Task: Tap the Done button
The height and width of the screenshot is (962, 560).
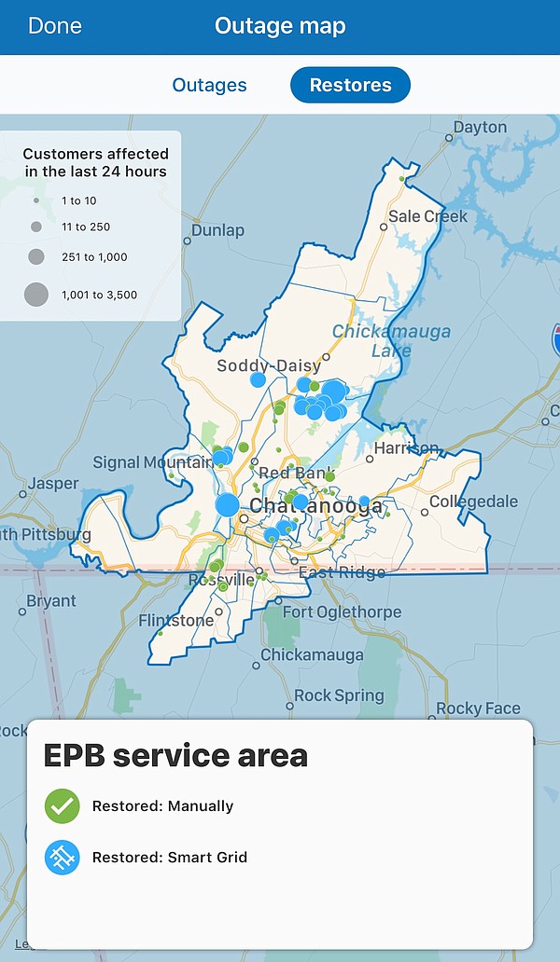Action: (x=54, y=26)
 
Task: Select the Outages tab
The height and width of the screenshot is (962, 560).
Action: (x=209, y=85)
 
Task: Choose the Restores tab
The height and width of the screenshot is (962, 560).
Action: (x=350, y=85)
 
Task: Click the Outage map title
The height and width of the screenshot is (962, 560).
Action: (x=280, y=26)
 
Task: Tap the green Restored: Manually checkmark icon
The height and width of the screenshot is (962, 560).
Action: (x=63, y=806)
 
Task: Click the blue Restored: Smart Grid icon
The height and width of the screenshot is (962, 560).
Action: (x=63, y=857)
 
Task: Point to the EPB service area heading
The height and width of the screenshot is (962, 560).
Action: (x=175, y=754)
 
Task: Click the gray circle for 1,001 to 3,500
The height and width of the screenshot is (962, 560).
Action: (x=36, y=295)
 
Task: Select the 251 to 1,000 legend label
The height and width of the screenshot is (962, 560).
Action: (x=94, y=257)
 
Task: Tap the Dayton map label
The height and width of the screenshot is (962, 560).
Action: (x=480, y=127)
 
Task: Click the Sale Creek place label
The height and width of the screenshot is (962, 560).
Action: (x=427, y=216)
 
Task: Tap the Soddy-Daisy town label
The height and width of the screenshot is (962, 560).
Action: (x=269, y=365)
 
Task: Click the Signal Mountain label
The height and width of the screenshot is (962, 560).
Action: (x=153, y=462)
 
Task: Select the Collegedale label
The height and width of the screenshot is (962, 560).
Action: (x=473, y=502)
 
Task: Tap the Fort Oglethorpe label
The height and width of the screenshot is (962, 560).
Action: (x=342, y=612)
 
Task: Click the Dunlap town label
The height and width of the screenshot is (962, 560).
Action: (x=217, y=230)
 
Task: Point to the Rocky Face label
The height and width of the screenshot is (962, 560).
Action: (x=478, y=708)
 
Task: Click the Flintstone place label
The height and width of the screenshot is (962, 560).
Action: (x=175, y=621)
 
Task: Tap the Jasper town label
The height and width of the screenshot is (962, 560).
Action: (x=53, y=484)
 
